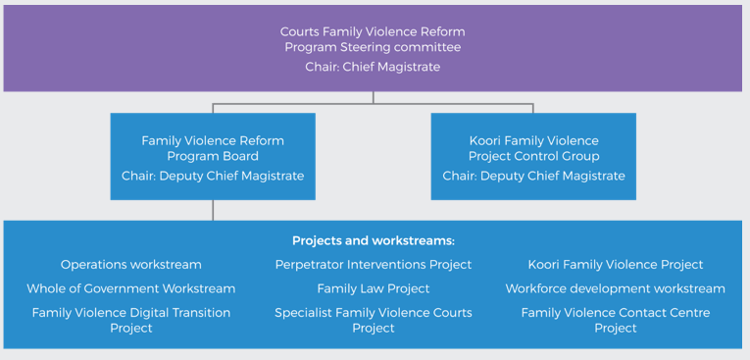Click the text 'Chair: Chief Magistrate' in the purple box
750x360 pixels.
[373, 67]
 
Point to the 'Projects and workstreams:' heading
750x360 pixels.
[373, 240]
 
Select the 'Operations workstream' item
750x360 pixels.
[130, 265]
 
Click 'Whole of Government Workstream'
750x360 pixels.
[130, 288]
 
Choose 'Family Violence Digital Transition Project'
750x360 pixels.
[130, 320]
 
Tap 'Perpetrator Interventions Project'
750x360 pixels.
[373, 265]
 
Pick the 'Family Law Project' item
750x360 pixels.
[373, 288]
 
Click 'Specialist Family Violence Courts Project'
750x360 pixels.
[373, 320]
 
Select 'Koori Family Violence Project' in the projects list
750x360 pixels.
[615, 265]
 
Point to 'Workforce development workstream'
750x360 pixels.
[615, 288]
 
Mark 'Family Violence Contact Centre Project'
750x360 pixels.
[615, 320]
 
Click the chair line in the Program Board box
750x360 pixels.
[213, 177]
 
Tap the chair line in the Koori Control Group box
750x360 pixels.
[533, 177]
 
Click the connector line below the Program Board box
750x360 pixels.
[213, 210]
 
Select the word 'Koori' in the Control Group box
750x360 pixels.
[488, 140]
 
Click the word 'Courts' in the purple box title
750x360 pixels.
[300, 31]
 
